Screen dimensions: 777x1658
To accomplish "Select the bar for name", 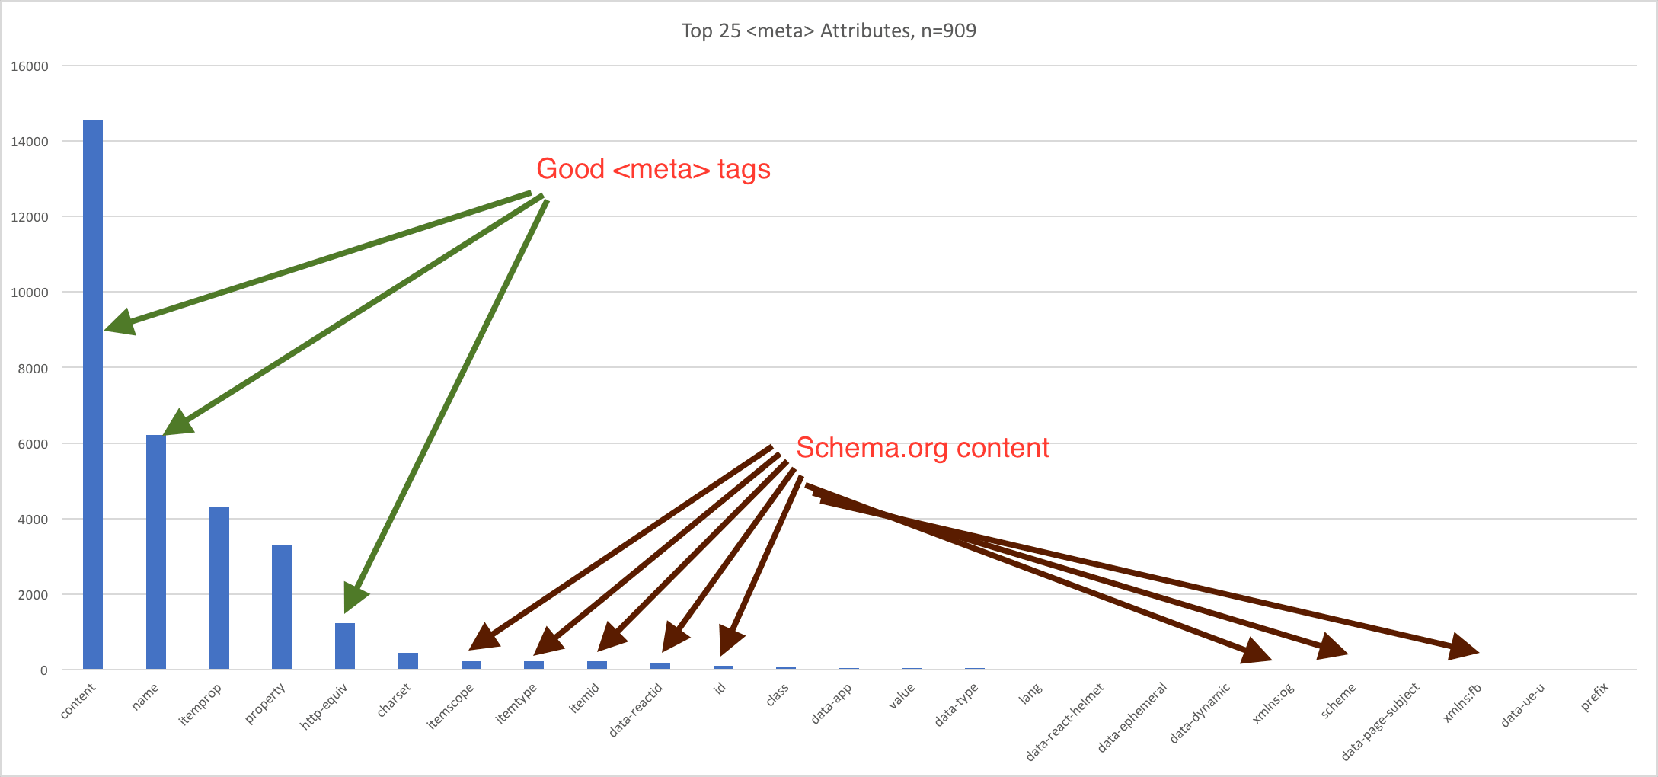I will coord(156,552).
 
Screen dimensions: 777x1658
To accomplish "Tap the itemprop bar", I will coord(219,588).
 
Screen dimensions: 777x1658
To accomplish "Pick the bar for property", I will coord(282,607).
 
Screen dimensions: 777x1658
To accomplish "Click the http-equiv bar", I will coord(345,647).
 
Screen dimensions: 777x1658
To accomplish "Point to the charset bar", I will coord(408,661).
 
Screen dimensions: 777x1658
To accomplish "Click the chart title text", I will coord(829,31).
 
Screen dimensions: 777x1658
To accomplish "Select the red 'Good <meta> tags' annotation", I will coord(653,169).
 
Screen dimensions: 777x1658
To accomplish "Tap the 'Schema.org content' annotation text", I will coord(922,448).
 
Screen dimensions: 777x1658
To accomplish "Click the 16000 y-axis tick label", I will coord(30,66).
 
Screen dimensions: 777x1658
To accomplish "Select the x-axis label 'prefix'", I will coord(1595,698).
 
